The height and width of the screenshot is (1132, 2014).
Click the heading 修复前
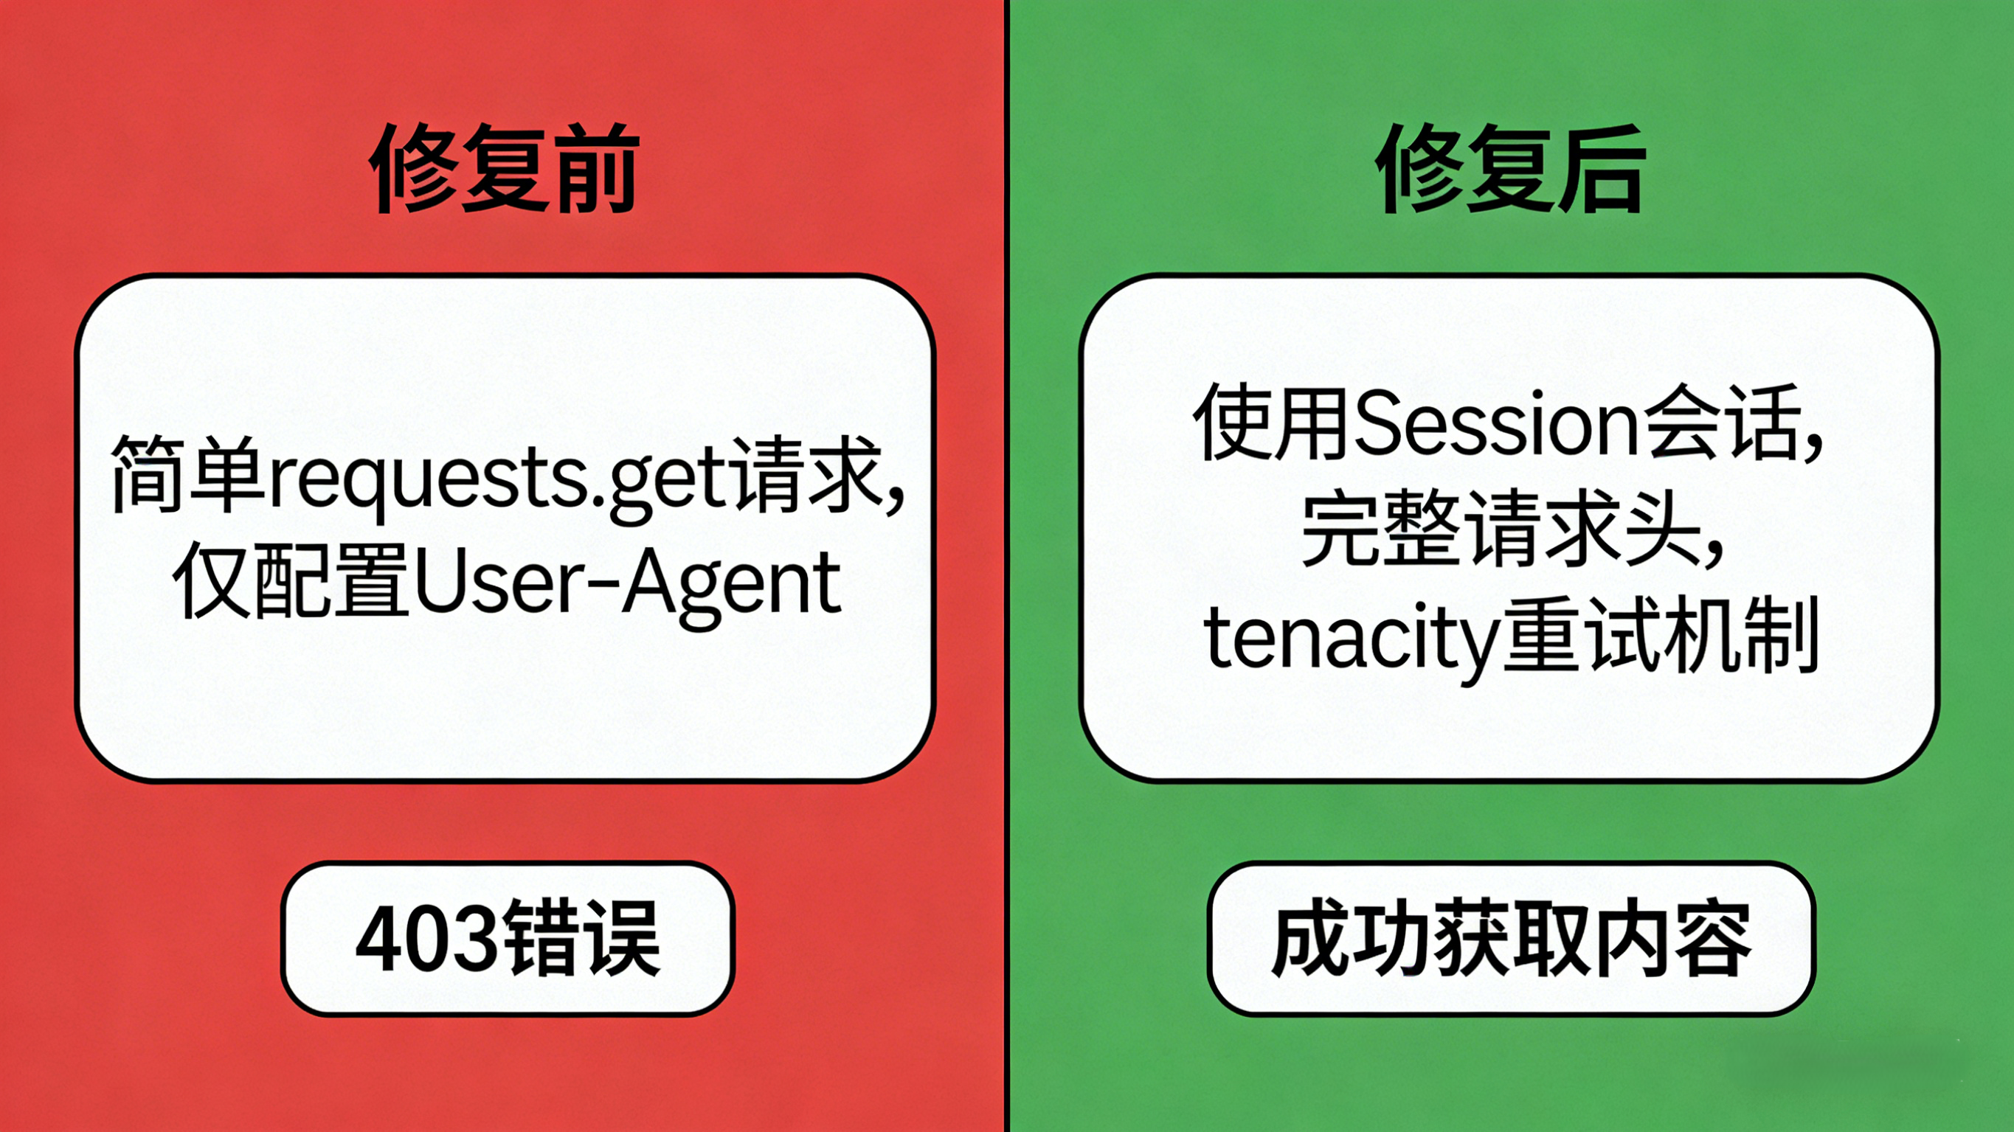(505, 168)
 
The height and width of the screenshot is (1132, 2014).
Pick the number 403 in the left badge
(426, 938)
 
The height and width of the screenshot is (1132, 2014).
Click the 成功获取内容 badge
(1511, 938)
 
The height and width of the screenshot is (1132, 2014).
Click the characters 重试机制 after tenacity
(1661, 637)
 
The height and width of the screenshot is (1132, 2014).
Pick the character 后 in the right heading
(1601, 168)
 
